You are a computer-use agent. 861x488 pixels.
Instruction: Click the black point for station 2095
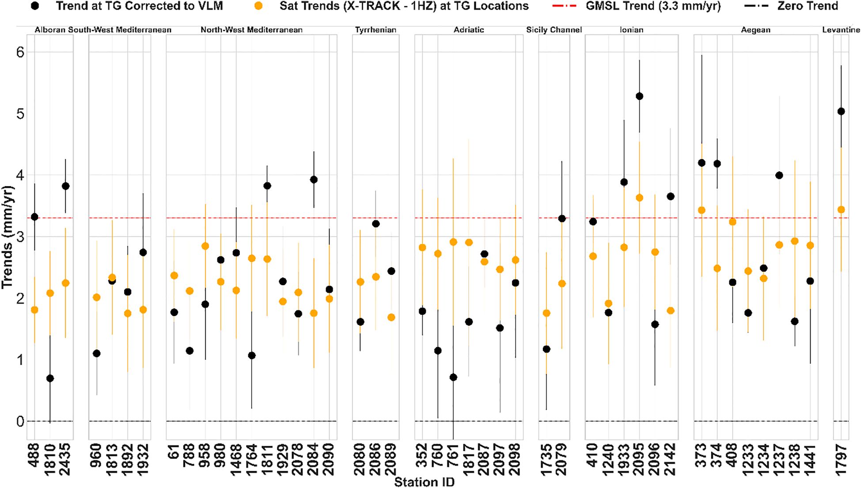[639, 96]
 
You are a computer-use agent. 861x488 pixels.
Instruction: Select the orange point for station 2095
[639, 198]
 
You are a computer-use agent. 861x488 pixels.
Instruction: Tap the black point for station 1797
[841, 111]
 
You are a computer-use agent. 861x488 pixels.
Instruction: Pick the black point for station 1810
[50, 378]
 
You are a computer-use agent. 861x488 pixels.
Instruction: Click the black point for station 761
[453, 377]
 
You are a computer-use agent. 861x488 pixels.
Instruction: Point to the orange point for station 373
[702, 210]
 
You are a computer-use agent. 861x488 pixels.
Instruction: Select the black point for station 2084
[314, 179]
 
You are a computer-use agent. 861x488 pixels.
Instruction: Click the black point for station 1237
[779, 175]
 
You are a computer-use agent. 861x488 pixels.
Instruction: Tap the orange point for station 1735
[546, 313]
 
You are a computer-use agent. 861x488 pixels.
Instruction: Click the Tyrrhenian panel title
[376, 30]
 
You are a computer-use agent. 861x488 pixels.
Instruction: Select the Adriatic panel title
[469, 30]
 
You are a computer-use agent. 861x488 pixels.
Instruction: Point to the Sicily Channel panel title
[554, 30]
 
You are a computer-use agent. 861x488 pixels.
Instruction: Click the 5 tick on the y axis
[19, 114]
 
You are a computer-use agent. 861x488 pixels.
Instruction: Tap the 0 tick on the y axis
[19, 422]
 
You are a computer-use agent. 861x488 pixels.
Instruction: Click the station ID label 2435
[66, 459]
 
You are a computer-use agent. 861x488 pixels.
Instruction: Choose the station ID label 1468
[236, 459]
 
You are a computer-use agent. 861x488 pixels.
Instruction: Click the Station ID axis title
[424, 482]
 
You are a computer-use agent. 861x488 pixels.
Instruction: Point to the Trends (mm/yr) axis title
[7, 237]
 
